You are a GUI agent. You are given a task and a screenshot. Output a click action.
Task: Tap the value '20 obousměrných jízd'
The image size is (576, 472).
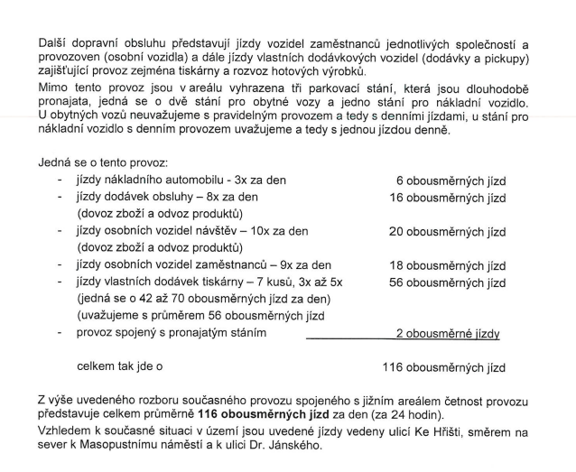pyautogui.click(x=447, y=232)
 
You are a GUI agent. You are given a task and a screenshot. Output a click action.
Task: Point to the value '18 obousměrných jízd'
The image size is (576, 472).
pyautogui.click(x=447, y=266)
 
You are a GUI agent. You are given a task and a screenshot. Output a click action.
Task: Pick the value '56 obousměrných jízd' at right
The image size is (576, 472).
pyautogui.click(x=447, y=282)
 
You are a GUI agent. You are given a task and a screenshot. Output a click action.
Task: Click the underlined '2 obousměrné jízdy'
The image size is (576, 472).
pyautogui.click(x=448, y=334)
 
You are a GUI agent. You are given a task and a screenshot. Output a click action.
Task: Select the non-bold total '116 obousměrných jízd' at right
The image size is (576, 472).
pyautogui.click(x=443, y=368)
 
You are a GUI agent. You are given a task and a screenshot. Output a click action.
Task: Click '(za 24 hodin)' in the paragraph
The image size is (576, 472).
pyautogui.click(x=395, y=413)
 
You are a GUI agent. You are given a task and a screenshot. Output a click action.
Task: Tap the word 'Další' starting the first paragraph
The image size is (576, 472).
pyautogui.click(x=55, y=44)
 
